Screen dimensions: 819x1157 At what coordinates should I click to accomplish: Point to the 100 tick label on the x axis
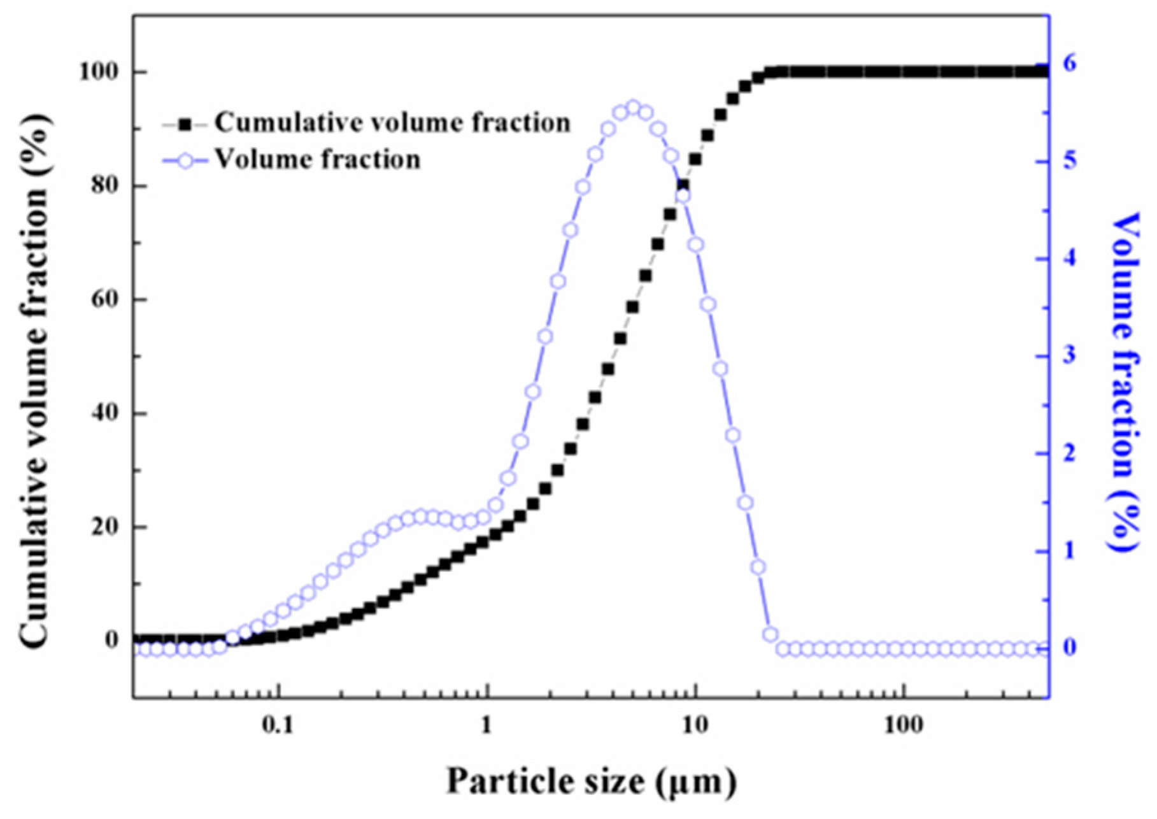(x=903, y=725)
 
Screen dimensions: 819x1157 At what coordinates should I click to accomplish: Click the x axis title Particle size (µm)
(x=591, y=781)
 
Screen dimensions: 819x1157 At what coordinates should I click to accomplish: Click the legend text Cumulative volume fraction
(x=392, y=122)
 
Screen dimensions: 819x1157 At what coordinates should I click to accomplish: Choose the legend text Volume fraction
(x=317, y=159)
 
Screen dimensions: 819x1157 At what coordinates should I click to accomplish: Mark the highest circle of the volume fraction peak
(x=633, y=108)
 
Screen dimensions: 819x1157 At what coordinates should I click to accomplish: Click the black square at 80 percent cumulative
(x=683, y=185)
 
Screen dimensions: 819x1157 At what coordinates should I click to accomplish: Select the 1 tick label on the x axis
(x=486, y=725)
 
